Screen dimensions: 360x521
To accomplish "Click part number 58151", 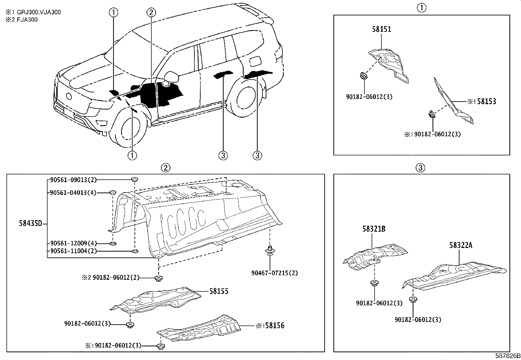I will [x=381, y=29].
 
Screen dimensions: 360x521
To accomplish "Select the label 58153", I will [x=486, y=101].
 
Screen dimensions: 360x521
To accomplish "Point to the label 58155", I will [x=219, y=291].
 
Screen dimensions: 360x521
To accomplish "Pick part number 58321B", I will [x=373, y=229].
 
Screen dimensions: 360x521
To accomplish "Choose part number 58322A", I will [x=460, y=245].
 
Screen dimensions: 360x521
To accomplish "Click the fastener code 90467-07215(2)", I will [x=275, y=273].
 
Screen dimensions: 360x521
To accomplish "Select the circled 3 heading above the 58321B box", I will [x=421, y=168].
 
